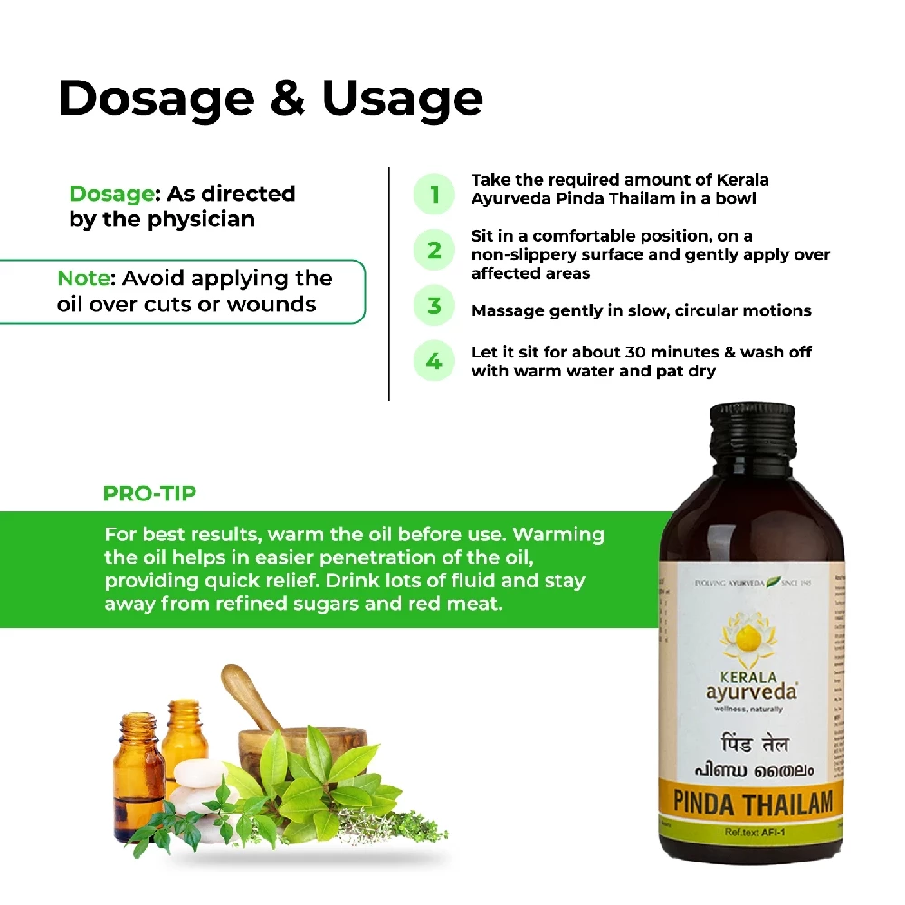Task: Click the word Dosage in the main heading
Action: tap(154, 99)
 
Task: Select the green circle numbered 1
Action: tap(434, 195)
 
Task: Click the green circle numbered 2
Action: tap(434, 250)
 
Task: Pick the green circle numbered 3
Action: tap(434, 307)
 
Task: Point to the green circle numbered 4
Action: tap(434, 362)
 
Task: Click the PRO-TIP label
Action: tap(149, 494)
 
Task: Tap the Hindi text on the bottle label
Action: tap(750, 744)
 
